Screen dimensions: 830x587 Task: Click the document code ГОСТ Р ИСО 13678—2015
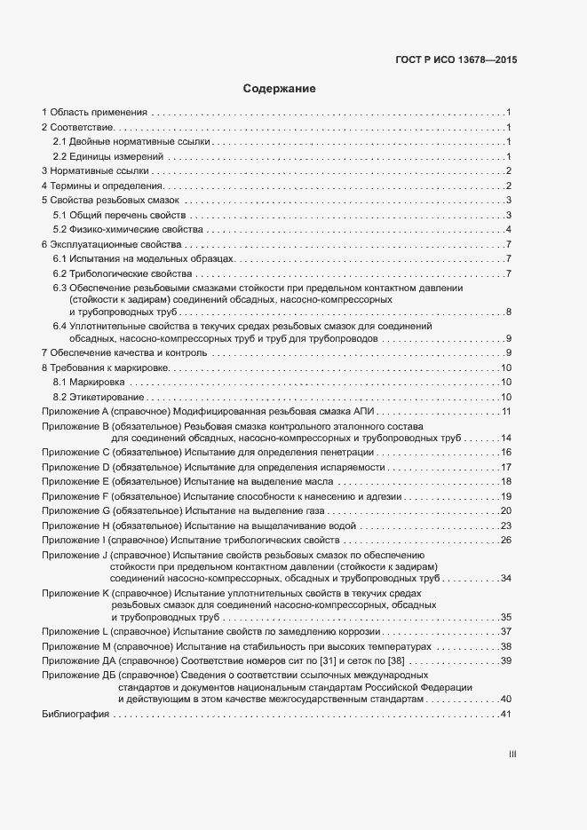pos(456,60)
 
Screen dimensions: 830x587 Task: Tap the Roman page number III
pos(512,755)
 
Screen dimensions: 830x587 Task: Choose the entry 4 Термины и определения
pos(102,186)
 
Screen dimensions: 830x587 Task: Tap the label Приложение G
pos(75,510)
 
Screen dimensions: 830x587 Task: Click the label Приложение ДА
pos(78,660)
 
